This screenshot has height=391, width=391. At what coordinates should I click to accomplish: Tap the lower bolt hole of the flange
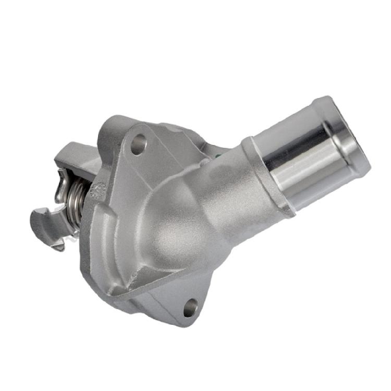pos(191,307)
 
